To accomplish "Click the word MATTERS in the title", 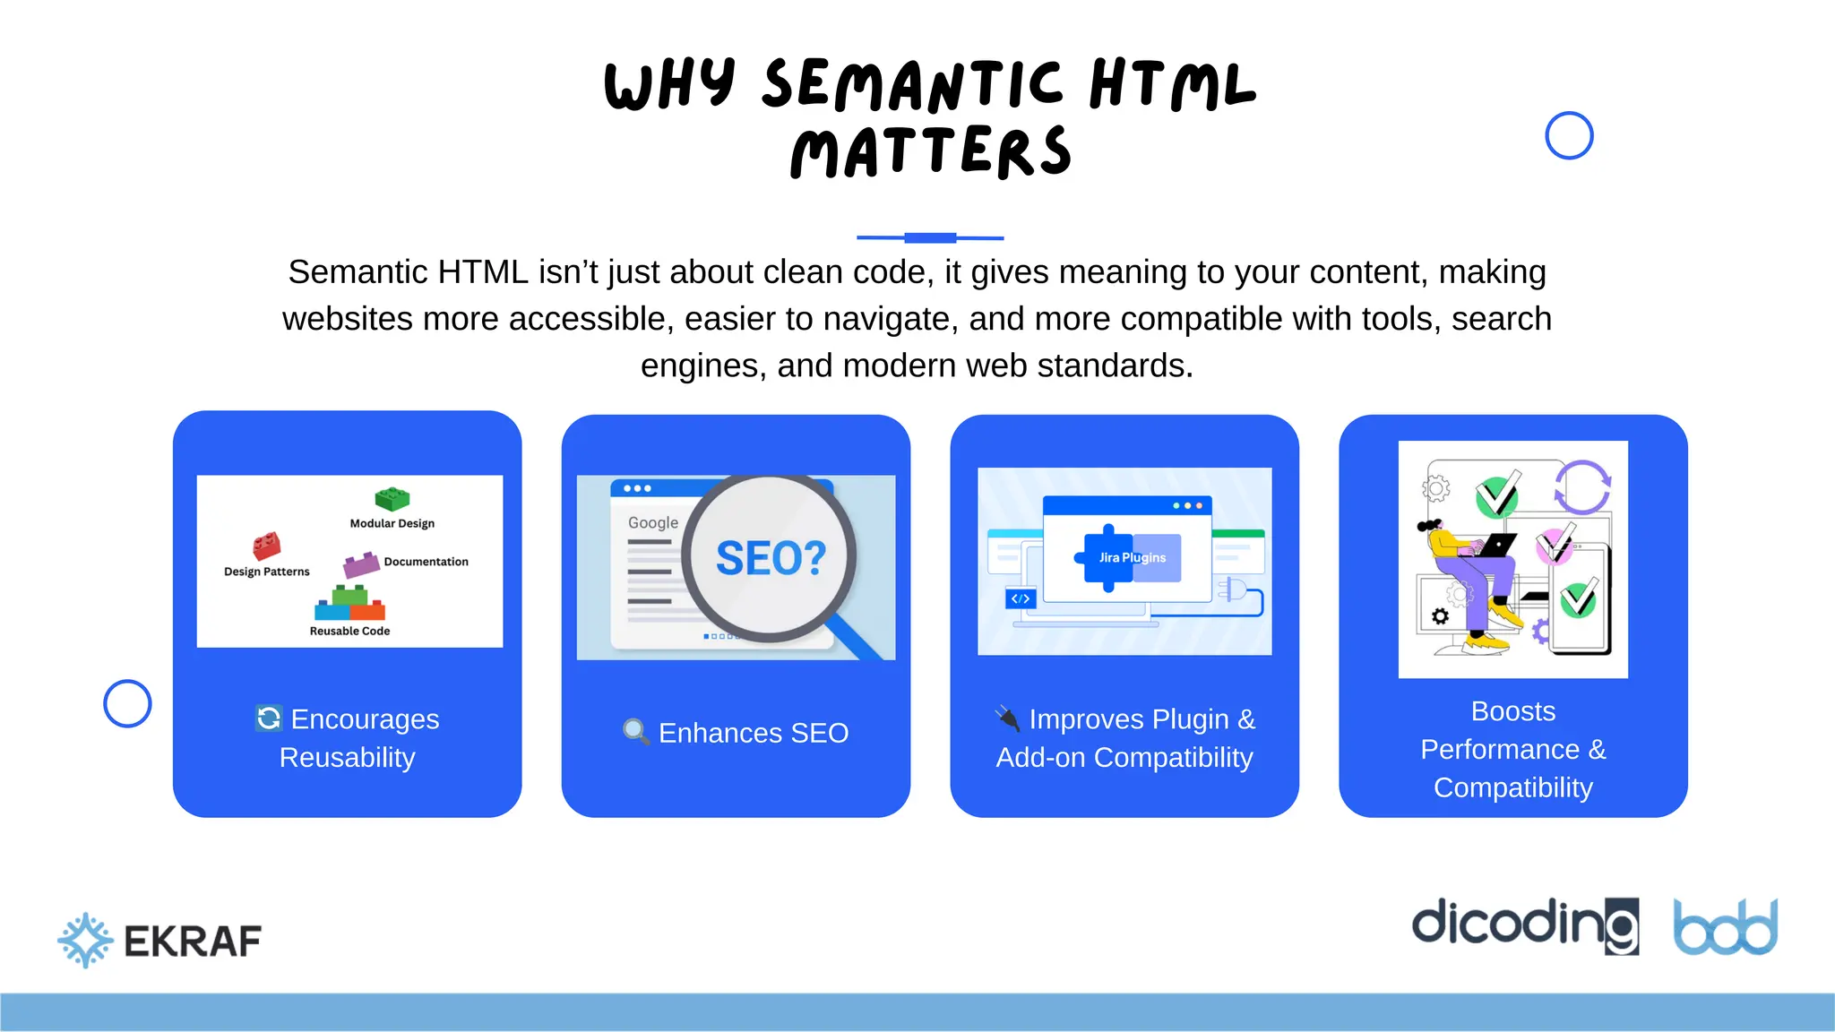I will [x=931, y=152].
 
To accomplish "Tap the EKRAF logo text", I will [x=193, y=942].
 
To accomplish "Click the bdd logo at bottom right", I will [x=1725, y=928].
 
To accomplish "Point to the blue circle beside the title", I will [x=1569, y=136].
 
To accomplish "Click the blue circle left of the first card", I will [x=127, y=703].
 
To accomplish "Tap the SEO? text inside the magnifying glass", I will [x=771, y=559].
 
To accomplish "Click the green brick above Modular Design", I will [x=392, y=498].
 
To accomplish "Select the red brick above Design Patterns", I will [x=267, y=545].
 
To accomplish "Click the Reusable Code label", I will [x=349, y=631].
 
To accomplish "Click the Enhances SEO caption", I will [x=753, y=733].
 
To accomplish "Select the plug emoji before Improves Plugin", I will [x=1008, y=718].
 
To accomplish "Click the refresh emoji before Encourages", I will [x=269, y=718].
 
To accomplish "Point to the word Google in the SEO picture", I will [x=652, y=522].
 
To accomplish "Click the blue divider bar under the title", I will [x=930, y=237].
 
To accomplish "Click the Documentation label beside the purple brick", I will [x=426, y=562].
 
